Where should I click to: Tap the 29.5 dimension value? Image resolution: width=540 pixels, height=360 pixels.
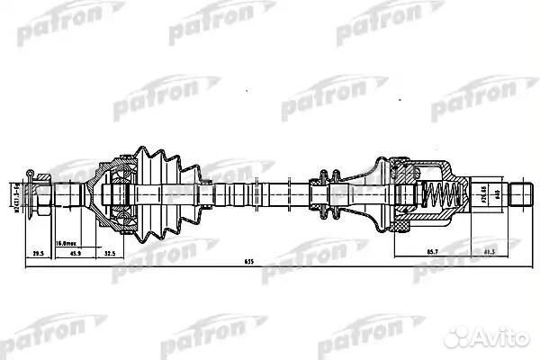click(38, 254)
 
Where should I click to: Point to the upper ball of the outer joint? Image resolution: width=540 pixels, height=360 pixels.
click(116, 173)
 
